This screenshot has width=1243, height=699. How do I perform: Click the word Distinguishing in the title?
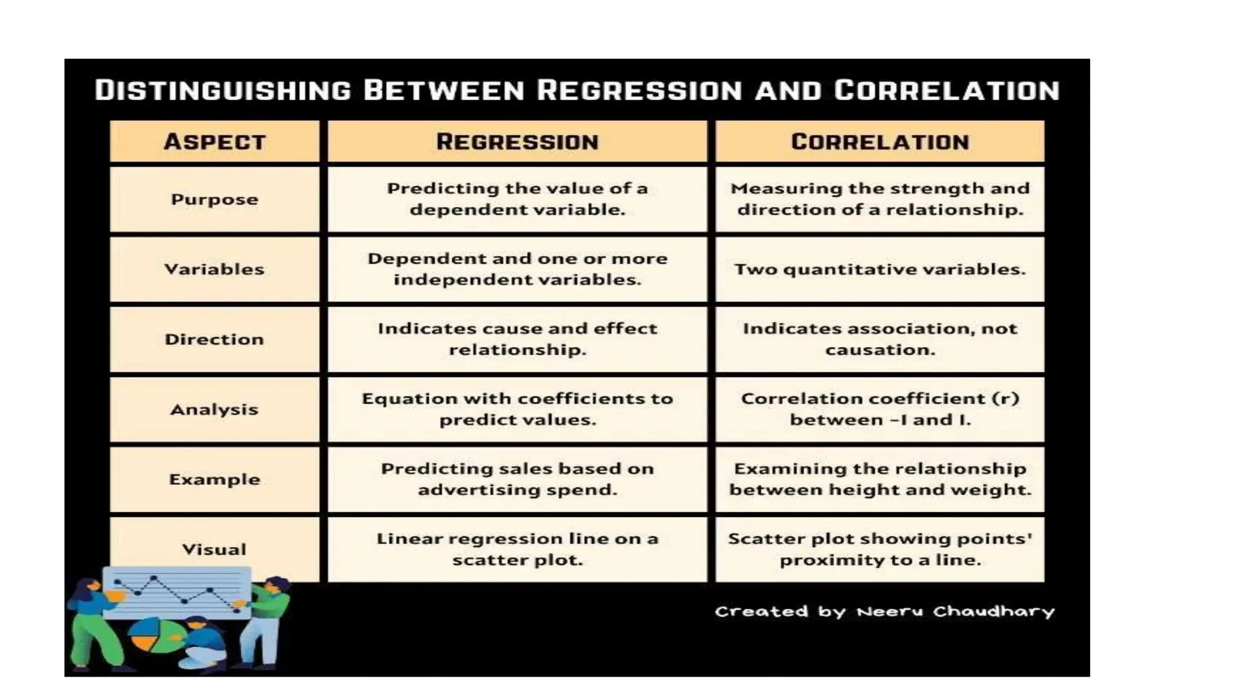(x=223, y=90)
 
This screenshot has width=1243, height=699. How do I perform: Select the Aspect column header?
(x=214, y=142)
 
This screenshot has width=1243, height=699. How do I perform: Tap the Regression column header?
(x=517, y=142)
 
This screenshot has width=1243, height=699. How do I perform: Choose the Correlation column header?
(x=879, y=142)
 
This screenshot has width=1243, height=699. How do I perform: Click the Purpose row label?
(x=214, y=200)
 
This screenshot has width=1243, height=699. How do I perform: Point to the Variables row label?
(x=214, y=269)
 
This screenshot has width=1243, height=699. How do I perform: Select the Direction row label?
(x=214, y=339)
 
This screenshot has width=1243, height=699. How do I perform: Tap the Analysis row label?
(x=214, y=410)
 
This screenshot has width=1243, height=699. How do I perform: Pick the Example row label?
(x=214, y=479)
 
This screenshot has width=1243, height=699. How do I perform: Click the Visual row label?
(x=214, y=549)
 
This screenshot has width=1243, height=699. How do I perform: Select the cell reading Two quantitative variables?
(x=879, y=269)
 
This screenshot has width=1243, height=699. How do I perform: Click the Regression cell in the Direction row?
(x=517, y=339)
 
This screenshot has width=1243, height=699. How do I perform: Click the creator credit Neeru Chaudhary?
(x=955, y=611)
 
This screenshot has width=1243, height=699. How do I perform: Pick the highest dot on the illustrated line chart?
(x=154, y=578)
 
